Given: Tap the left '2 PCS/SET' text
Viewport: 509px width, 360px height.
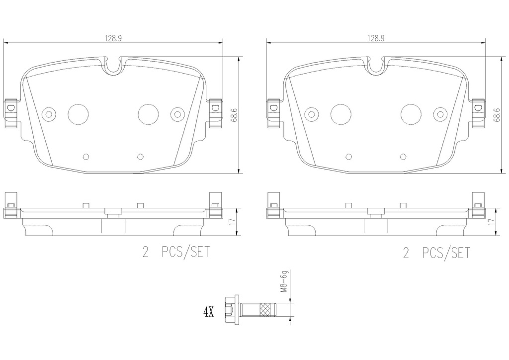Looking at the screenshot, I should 176,253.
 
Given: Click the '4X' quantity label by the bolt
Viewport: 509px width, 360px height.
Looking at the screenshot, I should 208,312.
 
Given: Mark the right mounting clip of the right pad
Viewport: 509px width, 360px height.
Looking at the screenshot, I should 479,113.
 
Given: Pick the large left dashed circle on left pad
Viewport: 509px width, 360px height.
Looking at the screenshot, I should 77,114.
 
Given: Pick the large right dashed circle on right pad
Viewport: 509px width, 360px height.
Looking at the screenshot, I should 411,114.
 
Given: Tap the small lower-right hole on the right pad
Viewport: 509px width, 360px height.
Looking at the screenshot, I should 403,157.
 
